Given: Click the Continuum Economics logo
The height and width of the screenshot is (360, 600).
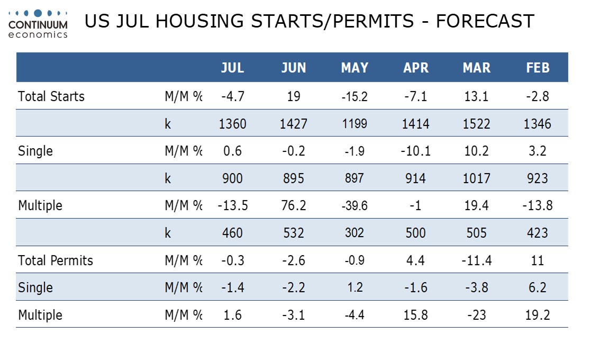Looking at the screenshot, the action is pos(38,24).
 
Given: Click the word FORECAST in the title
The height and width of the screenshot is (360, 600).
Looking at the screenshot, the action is pos(485,21).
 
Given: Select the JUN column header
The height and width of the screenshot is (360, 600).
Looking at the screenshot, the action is pos(294,68).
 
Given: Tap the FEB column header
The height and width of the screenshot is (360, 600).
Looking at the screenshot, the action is pos(538,68).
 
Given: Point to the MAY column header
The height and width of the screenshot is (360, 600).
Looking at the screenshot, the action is pos(354,68).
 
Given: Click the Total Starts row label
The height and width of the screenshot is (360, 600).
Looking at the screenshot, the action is pos(51,96).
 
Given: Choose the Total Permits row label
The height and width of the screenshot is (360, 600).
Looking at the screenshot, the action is pos(56,260).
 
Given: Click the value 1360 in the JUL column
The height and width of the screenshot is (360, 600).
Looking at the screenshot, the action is pos(233,124).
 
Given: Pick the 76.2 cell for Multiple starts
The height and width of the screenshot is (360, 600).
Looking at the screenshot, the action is pos(294,205).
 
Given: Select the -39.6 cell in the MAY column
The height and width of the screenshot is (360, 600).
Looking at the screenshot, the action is pos(354,205).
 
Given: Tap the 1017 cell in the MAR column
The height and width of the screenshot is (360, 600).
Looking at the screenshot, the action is pos(476,178).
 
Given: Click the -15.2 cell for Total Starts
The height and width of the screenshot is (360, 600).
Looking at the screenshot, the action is pos(354,96).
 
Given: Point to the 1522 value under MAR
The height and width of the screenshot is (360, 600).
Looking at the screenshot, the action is pos(476,124).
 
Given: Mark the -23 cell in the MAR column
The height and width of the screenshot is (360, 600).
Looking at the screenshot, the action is pos(476,315).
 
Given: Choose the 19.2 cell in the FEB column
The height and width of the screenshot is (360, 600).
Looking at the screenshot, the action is pos(538,315).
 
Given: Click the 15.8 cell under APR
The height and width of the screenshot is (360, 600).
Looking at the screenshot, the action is pos(415,315).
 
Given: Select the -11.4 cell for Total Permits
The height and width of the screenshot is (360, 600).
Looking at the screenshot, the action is pos(476,260).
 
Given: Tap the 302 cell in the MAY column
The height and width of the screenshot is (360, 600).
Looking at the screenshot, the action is pos(354,233).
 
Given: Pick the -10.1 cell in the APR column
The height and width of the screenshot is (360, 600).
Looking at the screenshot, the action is pos(415,151).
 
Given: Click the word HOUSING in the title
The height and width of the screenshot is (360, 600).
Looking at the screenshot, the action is pos(199,21).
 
